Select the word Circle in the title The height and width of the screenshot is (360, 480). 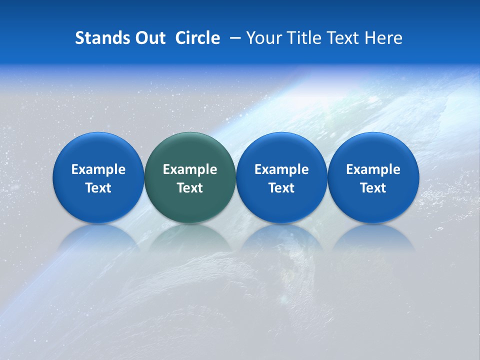pos(197,38)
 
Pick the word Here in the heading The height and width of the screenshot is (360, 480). pos(383,38)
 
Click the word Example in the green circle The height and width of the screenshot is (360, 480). pos(190,169)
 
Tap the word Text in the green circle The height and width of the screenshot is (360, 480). pos(190,188)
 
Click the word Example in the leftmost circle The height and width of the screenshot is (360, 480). pos(98,169)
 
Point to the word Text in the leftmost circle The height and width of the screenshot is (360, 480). pos(98,188)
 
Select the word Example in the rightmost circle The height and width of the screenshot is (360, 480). pos(373,169)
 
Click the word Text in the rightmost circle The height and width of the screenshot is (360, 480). pos(373,188)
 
